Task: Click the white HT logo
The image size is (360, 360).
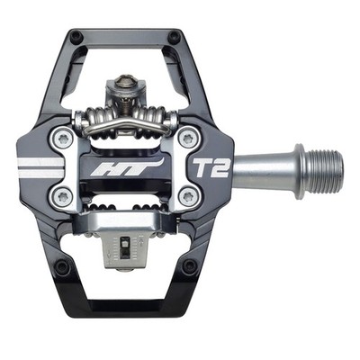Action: point(129,168)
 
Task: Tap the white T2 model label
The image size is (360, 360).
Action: point(211,167)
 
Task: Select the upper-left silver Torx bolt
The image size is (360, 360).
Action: point(63,138)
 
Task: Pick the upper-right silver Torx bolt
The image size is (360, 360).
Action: point(188,138)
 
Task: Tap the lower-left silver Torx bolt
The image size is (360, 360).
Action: point(63,197)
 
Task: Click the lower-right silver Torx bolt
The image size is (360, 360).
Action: point(188,197)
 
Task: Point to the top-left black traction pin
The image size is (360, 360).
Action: point(76,37)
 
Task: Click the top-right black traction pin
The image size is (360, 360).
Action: point(174,37)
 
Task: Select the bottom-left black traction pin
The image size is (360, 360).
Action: point(62,266)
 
